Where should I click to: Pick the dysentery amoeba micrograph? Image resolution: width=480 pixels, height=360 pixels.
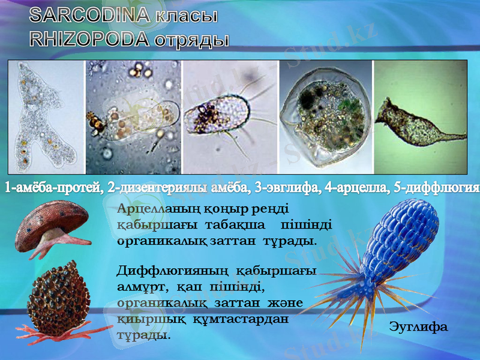[133, 118]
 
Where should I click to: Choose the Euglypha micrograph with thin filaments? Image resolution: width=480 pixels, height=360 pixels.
[229, 118]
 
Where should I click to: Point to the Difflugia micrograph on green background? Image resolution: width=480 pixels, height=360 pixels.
[420, 118]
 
